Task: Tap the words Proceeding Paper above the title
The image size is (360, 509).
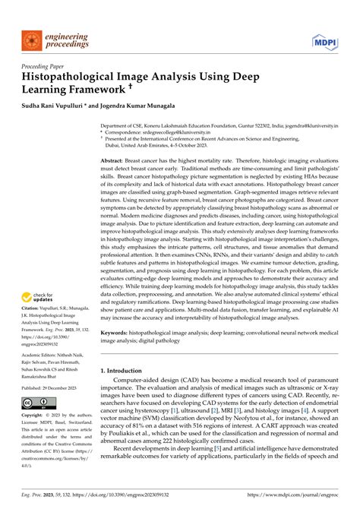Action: (45, 67)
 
